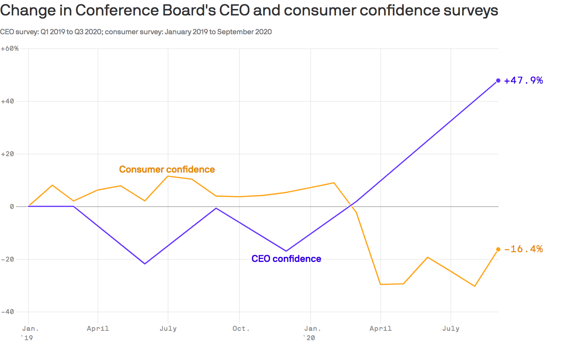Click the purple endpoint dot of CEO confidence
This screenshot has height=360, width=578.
tap(498, 81)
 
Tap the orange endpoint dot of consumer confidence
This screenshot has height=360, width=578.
tap(498, 249)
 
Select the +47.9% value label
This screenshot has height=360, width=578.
tap(523, 81)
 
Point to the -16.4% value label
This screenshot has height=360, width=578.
tap(523, 249)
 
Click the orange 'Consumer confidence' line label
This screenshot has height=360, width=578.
tap(167, 169)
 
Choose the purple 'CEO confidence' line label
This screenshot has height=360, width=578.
tap(286, 259)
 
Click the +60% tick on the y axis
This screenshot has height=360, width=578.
tap(10, 49)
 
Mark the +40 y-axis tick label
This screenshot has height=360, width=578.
tap(8, 101)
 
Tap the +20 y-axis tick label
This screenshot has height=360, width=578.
tap(8, 154)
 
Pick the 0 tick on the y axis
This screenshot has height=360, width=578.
tap(12, 207)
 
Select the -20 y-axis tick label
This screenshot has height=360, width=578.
tap(8, 259)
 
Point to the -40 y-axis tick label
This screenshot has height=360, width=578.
tap(8, 312)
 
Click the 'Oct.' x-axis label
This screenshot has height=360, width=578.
tap(241, 328)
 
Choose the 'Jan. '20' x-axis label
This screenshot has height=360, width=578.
tap(312, 333)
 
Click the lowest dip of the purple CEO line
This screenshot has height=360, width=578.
tap(145, 264)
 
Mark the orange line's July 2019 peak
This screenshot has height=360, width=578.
tap(168, 176)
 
